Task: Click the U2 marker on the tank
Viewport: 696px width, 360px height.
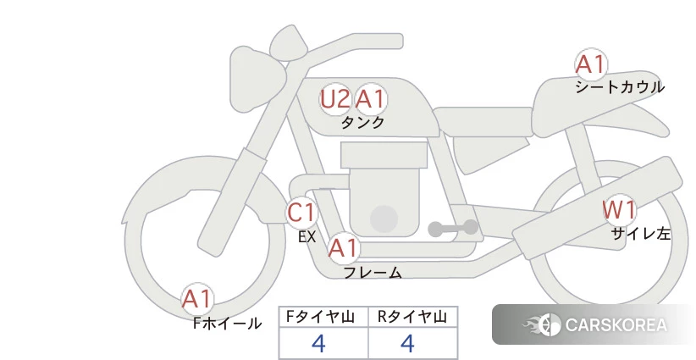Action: point(334,99)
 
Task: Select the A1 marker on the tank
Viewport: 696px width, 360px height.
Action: point(370,99)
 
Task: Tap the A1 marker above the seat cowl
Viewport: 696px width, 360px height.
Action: point(591,64)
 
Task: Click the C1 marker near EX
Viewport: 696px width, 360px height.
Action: point(301,212)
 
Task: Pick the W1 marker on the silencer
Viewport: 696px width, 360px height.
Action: point(619,210)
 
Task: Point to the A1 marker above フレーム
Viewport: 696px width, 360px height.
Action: point(343,248)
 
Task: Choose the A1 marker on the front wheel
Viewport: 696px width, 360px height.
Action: point(196,299)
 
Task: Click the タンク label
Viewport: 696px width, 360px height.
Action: point(362,122)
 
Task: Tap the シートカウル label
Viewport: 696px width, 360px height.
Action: point(620,87)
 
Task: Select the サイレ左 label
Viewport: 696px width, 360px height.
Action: point(640,234)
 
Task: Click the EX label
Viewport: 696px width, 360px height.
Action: point(307,237)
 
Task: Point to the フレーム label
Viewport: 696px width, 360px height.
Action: point(373,273)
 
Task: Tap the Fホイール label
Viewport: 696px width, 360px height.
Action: point(227,324)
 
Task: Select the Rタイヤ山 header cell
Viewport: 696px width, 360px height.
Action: point(413,317)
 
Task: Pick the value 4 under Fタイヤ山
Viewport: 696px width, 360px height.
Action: point(318,343)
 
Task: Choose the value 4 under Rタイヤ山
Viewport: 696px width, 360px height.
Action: point(407,343)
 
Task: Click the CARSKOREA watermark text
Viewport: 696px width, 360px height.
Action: point(616,325)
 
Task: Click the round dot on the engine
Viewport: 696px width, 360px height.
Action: point(384,219)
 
